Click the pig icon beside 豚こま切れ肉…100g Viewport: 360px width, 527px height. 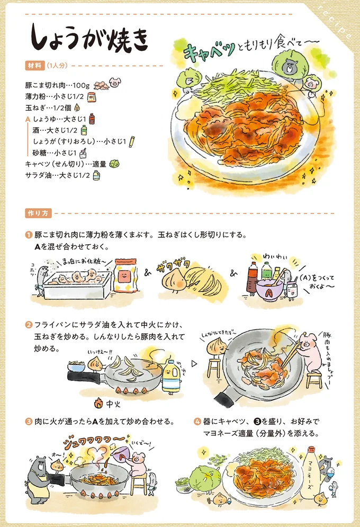click(x=115, y=83)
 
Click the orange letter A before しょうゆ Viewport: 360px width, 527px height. click(x=28, y=119)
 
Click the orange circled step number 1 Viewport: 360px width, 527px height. click(x=29, y=234)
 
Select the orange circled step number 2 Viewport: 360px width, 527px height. click(x=29, y=324)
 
